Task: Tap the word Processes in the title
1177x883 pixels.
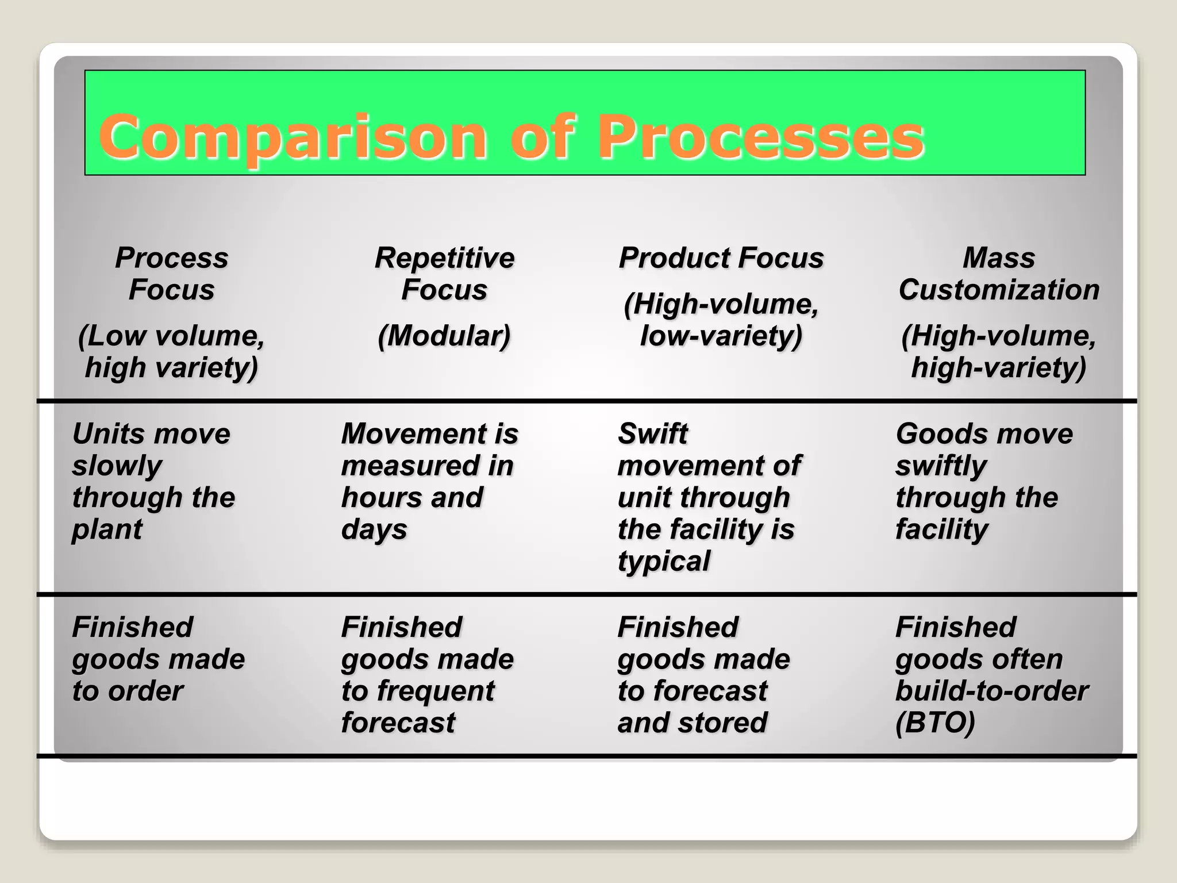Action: coord(760,138)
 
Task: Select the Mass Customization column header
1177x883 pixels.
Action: coord(999,274)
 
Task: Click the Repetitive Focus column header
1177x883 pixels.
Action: coord(444,274)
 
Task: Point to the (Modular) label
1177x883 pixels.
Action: coord(444,336)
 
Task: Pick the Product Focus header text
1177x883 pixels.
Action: coord(721,258)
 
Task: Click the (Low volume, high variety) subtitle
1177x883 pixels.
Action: coord(171,351)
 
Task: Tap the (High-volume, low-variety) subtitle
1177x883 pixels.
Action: coord(721,320)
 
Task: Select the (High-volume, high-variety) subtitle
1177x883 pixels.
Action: coord(999,351)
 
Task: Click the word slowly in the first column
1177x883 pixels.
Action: coord(117,466)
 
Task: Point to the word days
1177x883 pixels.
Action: coord(374,529)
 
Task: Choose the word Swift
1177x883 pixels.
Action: coord(653,434)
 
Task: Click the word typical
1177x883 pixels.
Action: coord(664,561)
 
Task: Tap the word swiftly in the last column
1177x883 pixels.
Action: coord(941,466)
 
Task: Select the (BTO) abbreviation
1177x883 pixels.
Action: coord(935,723)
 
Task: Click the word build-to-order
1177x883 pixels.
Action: coord(991,691)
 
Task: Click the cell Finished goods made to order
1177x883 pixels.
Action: coord(158,659)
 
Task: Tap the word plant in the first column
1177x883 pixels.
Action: coord(107,529)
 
